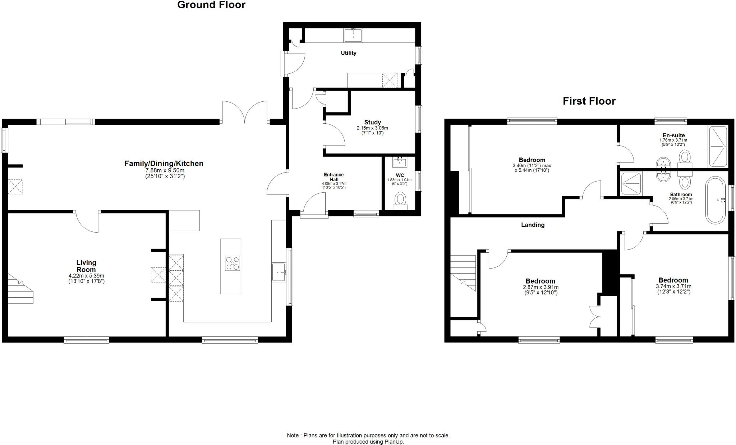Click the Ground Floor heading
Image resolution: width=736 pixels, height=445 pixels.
[211, 5]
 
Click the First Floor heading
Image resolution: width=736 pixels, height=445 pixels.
[589, 101]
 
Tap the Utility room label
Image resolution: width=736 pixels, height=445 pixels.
[348, 53]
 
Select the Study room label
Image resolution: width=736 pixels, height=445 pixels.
[372, 122]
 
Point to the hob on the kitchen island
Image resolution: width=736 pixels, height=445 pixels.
[233, 263]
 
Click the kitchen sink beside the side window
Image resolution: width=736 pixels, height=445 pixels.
[279, 272]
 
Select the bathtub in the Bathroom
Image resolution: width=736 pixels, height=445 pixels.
[716, 200]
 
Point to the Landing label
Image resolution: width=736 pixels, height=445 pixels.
[533, 225]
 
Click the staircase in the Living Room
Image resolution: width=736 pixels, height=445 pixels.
[20, 289]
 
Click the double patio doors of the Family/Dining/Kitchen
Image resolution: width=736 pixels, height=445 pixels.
[245, 113]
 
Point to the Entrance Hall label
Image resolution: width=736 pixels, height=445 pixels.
[334, 177]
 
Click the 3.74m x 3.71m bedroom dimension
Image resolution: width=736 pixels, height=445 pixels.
[673, 286]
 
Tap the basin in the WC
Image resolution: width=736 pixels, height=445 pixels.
[400, 162]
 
